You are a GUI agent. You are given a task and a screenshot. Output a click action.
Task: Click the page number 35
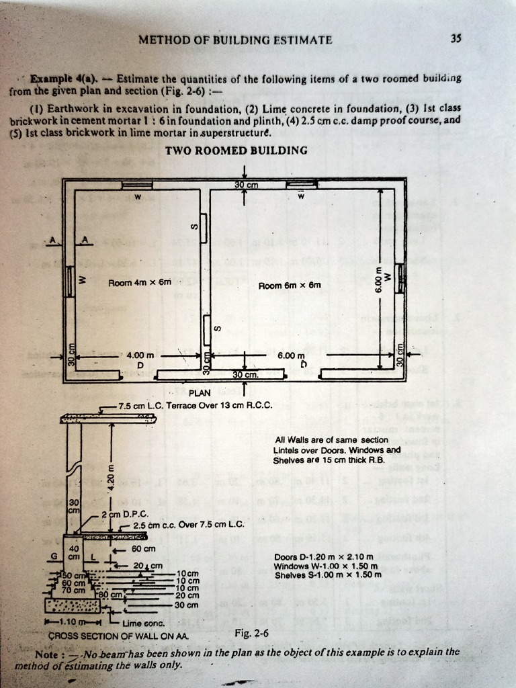456,39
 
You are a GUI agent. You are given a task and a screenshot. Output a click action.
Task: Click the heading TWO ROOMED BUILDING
236,150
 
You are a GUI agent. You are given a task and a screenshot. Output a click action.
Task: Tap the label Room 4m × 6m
140,282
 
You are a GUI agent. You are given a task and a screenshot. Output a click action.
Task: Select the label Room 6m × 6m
290,286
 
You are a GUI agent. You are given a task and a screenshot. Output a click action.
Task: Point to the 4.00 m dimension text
140,355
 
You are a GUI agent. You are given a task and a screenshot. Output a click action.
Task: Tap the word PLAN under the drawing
200,393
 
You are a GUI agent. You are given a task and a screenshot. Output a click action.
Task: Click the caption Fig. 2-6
253,633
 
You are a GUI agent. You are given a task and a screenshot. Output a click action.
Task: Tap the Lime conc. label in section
140,623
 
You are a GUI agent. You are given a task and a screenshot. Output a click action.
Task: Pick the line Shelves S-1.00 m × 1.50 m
328,574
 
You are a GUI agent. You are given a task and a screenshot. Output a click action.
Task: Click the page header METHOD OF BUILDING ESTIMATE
235,40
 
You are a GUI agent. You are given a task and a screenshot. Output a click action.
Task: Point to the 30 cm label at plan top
247,185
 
